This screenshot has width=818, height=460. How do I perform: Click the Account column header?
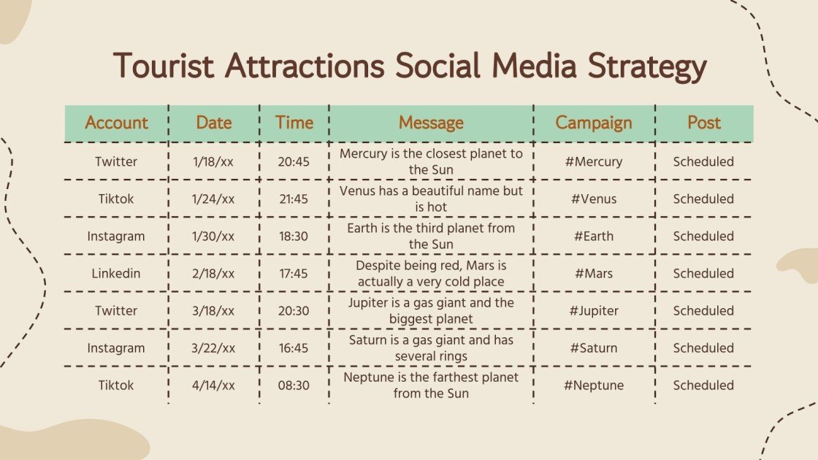(x=116, y=123)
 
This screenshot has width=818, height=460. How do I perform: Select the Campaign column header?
(x=594, y=123)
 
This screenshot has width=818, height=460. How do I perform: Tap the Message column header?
(x=431, y=123)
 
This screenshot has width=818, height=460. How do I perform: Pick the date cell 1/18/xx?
(x=214, y=161)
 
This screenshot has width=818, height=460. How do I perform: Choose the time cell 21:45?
(x=294, y=199)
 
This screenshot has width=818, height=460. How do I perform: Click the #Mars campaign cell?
(x=593, y=274)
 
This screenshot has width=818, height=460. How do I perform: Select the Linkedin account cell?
(x=116, y=274)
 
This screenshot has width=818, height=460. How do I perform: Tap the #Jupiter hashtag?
(x=593, y=311)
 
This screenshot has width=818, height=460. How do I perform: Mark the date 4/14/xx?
(x=214, y=386)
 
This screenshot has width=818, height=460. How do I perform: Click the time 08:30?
(x=294, y=386)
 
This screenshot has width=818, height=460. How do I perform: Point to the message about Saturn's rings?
(x=431, y=348)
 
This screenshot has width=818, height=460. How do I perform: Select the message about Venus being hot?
(x=431, y=199)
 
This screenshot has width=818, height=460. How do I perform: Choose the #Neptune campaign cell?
(x=593, y=386)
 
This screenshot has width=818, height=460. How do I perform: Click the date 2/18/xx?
(x=214, y=274)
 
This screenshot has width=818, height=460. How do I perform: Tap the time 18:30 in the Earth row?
(x=294, y=237)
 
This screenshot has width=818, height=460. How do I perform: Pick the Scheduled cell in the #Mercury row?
(x=703, y=161)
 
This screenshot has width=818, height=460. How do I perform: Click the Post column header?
(x=703, y=123)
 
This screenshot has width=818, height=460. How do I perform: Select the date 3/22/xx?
(x=214, y=348)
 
